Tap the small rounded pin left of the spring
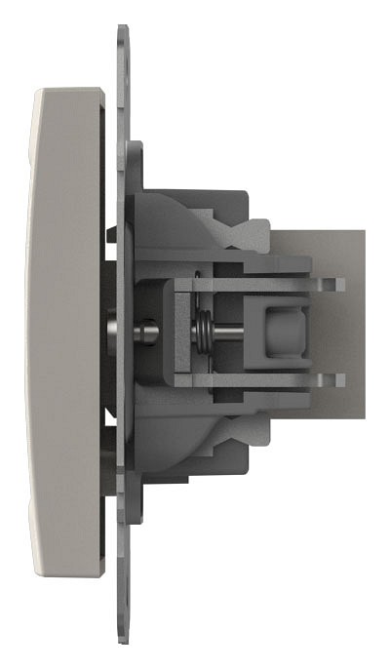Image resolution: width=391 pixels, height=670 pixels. (147, 333)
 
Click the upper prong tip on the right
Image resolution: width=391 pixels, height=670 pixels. (337, 284)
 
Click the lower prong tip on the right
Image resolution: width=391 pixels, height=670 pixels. (337, 380)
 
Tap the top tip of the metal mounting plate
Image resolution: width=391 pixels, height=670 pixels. (122, 32)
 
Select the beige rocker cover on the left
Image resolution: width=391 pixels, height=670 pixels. (68, 332)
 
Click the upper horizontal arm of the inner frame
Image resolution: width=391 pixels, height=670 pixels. (244, 284)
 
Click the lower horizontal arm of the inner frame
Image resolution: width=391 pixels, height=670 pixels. (244, 380)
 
